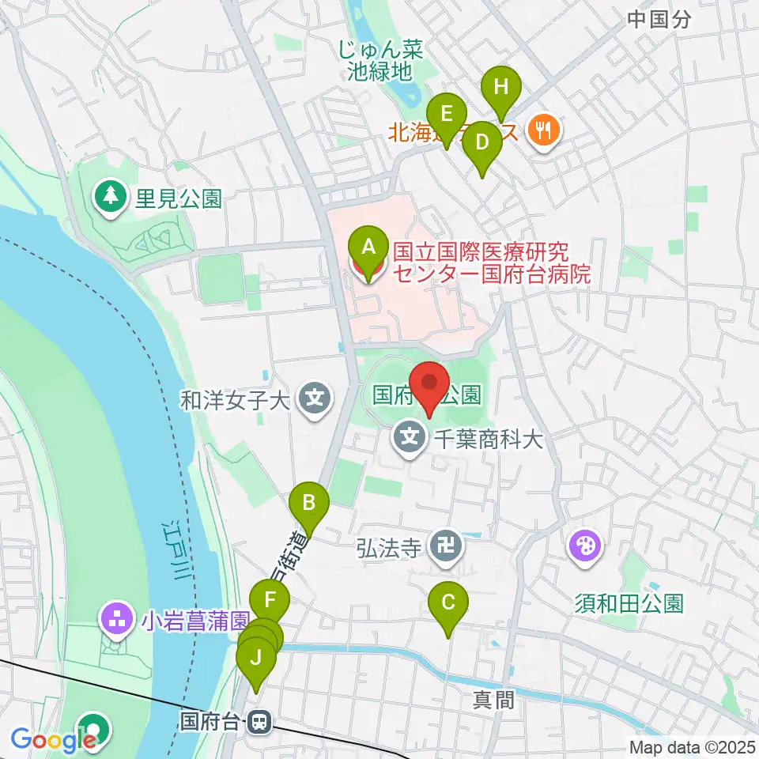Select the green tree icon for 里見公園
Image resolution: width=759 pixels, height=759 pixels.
pos(111,194)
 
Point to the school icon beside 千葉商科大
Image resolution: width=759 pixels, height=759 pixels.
pos(410,436)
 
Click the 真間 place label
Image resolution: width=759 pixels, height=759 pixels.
pos(494,700)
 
